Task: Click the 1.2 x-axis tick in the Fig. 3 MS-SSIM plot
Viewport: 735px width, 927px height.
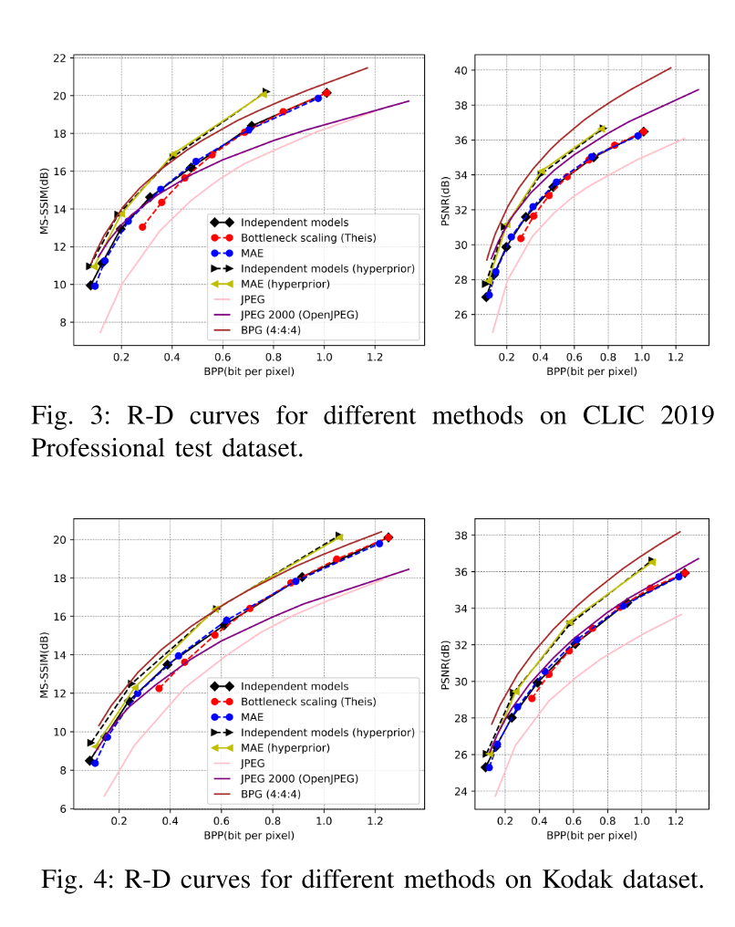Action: pyautogui.click(x=374, y=357)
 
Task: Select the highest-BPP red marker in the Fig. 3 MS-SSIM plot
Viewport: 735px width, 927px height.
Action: pyautogui.click(x=326, y=93)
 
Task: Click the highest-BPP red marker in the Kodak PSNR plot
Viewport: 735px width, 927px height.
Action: pyautogui.click(x=685, y=573)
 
